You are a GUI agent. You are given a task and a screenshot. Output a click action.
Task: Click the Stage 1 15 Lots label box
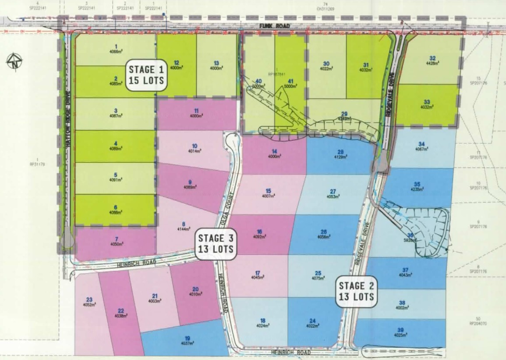point(147,75)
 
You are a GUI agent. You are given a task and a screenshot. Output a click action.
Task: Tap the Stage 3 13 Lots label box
point(216,244)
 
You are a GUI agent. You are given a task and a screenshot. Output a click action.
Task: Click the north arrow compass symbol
point(14,62)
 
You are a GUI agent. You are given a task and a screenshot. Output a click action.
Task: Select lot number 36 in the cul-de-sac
point(410,235)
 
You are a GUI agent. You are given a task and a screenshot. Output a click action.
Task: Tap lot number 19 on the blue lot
point(187,338)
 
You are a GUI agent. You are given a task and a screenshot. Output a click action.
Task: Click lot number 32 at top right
point(432,58)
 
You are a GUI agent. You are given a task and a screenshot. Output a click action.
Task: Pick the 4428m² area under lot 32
point(432,64)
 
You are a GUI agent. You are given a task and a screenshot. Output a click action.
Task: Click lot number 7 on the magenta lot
point(116,239)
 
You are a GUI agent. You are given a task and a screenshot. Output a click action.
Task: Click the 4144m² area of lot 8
point(184,229)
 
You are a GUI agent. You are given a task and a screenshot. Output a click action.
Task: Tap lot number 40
point(258,81)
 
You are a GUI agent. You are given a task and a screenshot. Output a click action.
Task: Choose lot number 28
point(340,152)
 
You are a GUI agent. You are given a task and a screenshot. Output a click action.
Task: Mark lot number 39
point(400,330)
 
